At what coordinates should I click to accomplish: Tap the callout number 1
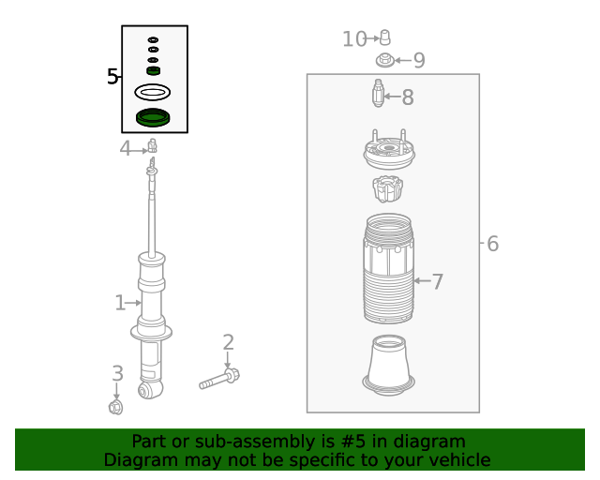[120, 303]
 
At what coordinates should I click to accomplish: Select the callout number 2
[228, 343]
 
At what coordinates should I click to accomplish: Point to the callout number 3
[117, 373]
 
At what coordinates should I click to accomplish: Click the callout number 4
[126, 148]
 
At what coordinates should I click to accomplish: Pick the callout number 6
[492, 245]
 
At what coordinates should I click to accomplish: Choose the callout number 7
[437, 281]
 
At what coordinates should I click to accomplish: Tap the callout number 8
[408, 97]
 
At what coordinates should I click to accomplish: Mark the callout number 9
[419, 61]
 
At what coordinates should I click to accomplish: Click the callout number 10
[354, 39]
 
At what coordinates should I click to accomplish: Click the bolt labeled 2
[219, 380]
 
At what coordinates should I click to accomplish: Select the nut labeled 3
[116, 407]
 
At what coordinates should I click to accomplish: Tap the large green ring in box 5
[154, 118]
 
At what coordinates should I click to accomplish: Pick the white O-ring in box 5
[153, 92]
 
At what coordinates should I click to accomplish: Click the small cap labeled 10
[383, 37]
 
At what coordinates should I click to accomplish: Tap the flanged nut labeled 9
[384, 61]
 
